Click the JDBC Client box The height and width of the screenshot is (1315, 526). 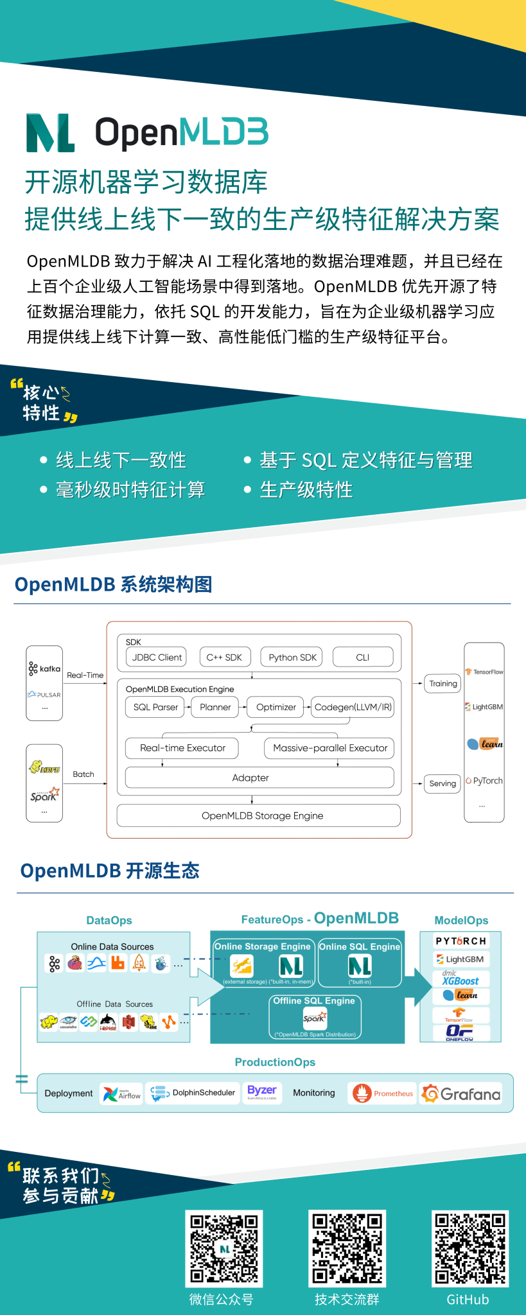[157, 657]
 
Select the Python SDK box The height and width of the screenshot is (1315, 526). [292, 657]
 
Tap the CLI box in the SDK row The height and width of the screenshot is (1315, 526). [363, 657]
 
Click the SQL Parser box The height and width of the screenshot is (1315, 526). [155, 707]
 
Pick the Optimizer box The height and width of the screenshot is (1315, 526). [276, 707]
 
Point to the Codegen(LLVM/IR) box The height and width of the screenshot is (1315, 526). [353, 707]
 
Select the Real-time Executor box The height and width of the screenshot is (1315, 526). [182, 748]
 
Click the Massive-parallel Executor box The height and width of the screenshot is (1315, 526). [330, 748]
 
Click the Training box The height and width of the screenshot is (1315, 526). [443, 684]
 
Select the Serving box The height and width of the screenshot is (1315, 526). [443, 783]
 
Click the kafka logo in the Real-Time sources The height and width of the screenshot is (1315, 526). [44, 669]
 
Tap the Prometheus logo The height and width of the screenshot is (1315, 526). [383, 1093]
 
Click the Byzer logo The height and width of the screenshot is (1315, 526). [262, 1092]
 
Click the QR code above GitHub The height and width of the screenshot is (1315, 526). [469, 1248]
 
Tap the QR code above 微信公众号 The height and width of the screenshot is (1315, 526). [224, 1248]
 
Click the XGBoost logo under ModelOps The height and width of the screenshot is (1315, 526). [461, 979]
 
